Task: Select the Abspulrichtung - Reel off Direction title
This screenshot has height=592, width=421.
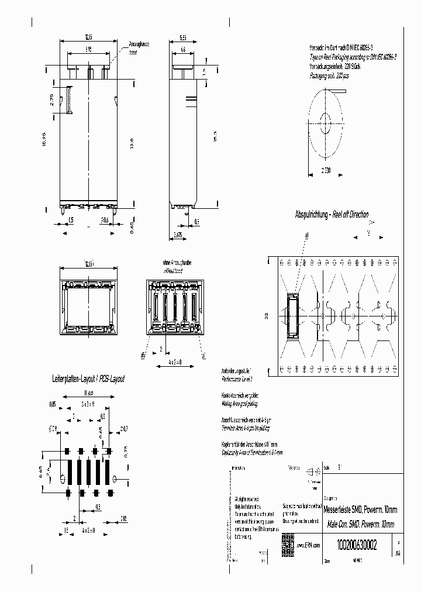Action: [x=332, y=215]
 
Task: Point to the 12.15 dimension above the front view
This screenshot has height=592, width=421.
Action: [x=89, y=37]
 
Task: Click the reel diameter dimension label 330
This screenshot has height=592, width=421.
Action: [x=325, y=170]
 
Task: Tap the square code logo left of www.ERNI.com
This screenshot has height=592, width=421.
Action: [x=287, y=541]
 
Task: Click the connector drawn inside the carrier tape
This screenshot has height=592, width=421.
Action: [x=292, y=316]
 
